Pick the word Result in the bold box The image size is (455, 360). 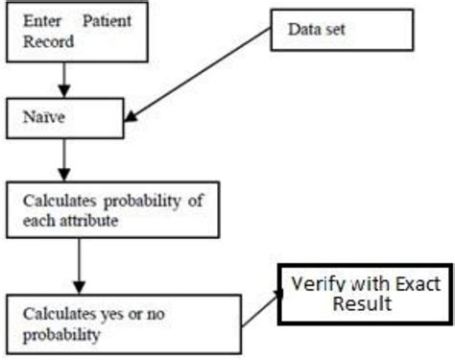tap(356, 306)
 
